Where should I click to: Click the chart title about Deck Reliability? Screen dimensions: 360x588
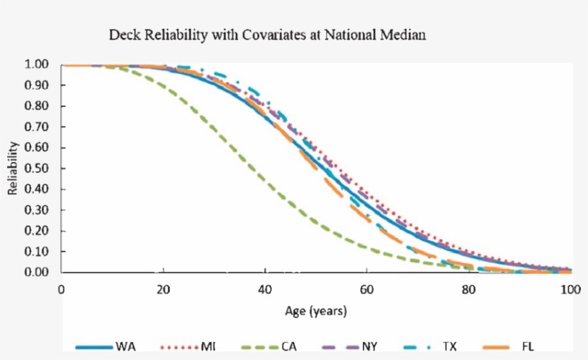coord(267,34)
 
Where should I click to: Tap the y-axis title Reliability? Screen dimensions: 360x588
coord(12,168)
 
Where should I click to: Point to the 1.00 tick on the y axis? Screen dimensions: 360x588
coord(36,65)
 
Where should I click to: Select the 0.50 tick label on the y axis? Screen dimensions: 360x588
coord(36,169)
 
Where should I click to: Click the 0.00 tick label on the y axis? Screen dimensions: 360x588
coord(36,273)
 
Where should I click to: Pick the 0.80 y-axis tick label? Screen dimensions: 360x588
coord(36,106)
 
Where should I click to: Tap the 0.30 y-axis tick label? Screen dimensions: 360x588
coord(36,210)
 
